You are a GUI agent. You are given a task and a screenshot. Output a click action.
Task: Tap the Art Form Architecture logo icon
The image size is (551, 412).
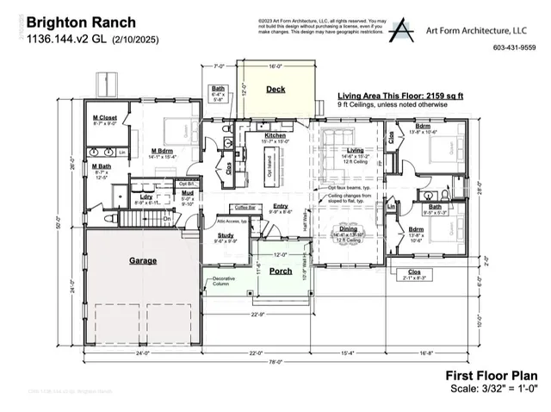point(400,31)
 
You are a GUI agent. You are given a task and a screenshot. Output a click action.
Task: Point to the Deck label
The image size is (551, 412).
point(275,89)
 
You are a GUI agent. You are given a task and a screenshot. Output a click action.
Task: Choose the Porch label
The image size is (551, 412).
point(281,271)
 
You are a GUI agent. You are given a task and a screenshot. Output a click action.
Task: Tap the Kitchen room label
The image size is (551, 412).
point(275,135)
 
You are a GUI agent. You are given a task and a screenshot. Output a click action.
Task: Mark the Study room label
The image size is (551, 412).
point(226,234)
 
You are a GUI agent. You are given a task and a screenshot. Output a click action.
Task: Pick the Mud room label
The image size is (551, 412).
point(187,195)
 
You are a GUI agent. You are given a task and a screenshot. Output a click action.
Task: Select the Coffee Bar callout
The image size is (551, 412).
point(247,207)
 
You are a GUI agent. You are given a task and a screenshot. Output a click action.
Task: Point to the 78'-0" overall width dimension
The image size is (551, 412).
point(274,362)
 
